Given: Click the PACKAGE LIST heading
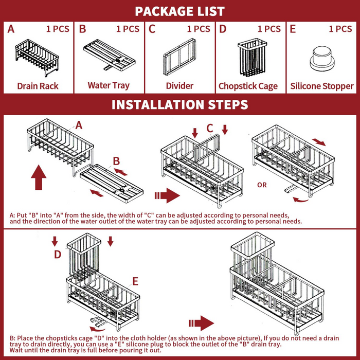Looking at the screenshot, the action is coord(179,11).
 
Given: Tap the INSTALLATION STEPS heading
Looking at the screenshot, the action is coord(180,104).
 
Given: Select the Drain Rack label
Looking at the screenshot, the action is coord(38,86).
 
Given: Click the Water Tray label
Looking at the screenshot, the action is coord(109,86).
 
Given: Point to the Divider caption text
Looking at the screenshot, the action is coord(179,86).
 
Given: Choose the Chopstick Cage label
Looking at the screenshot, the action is coord(248,86).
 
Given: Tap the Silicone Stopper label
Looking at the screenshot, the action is coord(322,86).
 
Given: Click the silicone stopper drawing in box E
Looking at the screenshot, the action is coord(322,59).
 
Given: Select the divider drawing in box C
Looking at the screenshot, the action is coord(179,58).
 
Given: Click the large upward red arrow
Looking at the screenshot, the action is coord(39,177).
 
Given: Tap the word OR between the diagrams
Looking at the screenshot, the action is coord(262,185).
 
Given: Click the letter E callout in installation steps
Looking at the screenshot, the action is coord(135,281).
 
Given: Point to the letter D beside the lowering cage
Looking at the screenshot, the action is coord(58,255).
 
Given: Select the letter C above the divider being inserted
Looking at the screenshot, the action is coord(210,129).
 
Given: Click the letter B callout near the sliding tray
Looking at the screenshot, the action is coord(116,161).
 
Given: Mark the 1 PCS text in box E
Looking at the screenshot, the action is coord(340,29).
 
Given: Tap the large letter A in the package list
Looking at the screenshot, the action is coord(11,29).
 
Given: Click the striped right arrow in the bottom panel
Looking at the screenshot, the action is coord(201,323).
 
